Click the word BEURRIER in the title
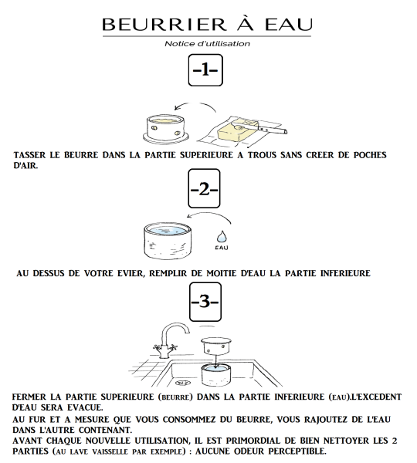(x=164, y=24)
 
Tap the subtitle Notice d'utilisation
(x=207, y=44)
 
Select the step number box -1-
(x=205, y=70)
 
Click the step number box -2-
(x=204, y=188)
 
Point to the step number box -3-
(x=205, y=302)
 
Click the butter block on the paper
(x=238, y=130)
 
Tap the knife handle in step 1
(x=273, y=130)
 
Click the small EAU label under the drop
(x=222, y=248)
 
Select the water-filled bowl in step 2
(x=168, y=241)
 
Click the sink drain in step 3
(x=179, y=383)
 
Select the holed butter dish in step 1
(x=165, y=129)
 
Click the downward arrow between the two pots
(x=217, y=361)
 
